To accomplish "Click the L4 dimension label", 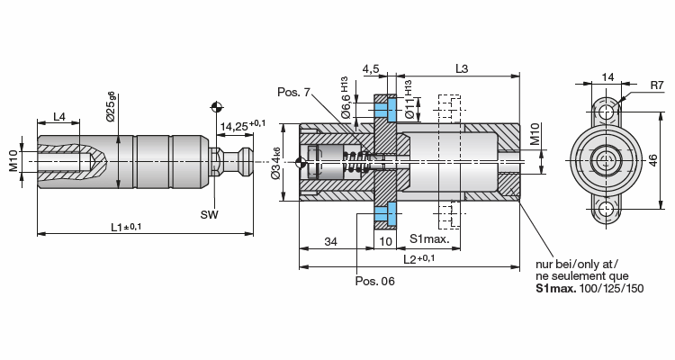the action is (x=59, y=117).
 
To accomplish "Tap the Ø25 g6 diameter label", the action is (x=111, y=106).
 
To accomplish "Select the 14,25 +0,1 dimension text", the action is (x=243, y=125).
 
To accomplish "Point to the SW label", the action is (x=209, y=214).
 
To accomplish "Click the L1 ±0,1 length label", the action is (x=126, y=227).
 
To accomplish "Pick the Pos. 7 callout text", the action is (x=293, y=92).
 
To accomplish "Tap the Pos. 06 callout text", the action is (x=374, y=281).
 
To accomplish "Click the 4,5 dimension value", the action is (x=371, y=69).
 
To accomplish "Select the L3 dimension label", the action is (x=462, y=68).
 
